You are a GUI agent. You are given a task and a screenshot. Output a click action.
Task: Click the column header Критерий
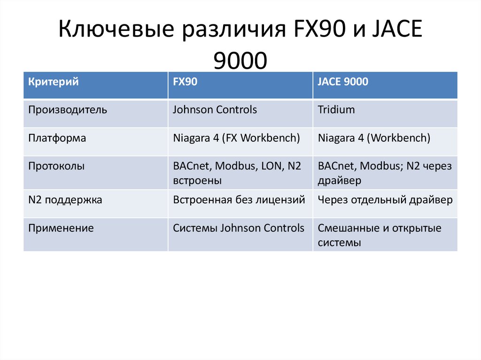click(x=53, y=82)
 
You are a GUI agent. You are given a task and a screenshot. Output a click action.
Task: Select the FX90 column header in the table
click(x=185, y=82)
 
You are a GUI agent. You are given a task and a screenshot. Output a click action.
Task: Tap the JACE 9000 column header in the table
click(x=343, y=82)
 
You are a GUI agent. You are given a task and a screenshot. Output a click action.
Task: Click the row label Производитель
click(x=68, y=110)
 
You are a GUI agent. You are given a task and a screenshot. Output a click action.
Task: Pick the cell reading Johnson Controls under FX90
click(x=215, y=110)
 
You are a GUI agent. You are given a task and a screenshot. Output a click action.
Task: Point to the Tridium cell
click(x=336, y=110)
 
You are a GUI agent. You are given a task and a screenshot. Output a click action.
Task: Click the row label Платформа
click(x=57, y=138)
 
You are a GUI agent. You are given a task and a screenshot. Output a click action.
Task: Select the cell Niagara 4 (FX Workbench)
click(x=236, y=138)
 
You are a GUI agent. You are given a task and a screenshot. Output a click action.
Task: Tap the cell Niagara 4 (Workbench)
click(x=374, y=138)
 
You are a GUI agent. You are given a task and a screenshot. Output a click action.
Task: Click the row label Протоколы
click(x=56, y=166)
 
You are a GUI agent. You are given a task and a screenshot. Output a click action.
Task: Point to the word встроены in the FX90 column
click(x=197, y=181)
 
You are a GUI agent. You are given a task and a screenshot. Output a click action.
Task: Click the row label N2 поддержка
click(x=65, y=200)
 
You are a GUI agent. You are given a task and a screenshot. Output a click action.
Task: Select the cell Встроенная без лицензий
click(x=239, y=200)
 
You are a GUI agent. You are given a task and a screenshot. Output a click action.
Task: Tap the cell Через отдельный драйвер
click(x=385, y=200)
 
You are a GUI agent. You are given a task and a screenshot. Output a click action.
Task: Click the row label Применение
click(x=61, y=229)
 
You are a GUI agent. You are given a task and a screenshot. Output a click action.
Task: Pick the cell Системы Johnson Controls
click(x=239, y=229)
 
